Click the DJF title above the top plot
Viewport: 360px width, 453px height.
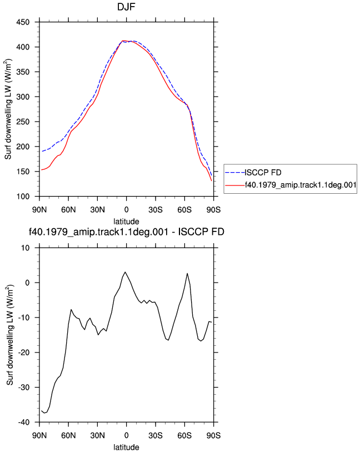126,7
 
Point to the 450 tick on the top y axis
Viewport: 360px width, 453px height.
23,22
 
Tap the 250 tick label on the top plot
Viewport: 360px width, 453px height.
23,122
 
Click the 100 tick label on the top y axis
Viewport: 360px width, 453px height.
23,197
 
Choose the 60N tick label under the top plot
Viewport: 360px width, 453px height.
68,210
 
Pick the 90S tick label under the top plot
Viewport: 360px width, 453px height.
213,210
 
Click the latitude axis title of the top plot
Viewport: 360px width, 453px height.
126,222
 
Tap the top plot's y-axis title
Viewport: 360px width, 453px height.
8,109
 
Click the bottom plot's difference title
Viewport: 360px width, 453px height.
126,231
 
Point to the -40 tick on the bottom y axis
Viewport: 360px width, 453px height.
24,422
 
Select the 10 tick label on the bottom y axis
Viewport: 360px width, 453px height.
26,248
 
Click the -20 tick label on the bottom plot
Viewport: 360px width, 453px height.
24,353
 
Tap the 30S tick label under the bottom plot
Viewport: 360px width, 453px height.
155,435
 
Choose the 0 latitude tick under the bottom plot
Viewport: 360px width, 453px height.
126,435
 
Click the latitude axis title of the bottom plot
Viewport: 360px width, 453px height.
126,447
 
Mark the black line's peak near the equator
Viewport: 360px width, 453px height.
125,272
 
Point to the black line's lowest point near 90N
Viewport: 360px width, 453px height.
44,413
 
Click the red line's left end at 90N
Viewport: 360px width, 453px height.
41,170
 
